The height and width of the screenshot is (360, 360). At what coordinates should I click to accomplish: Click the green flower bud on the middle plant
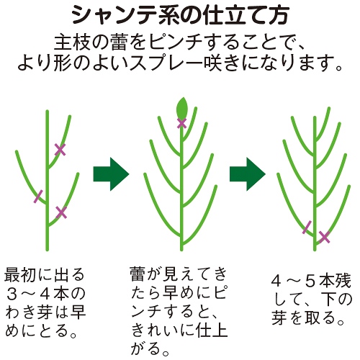(181, 108)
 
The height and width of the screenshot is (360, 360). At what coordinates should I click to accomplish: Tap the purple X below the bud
(181, 123)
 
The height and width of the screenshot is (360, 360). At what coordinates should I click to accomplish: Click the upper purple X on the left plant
(60, 150)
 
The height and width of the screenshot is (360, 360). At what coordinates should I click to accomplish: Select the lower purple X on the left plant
(61, 212)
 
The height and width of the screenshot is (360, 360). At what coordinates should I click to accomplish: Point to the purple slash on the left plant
(38, 197)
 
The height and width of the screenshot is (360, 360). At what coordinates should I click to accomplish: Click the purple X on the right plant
(324, 237)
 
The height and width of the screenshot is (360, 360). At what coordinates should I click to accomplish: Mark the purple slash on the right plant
(307, 227)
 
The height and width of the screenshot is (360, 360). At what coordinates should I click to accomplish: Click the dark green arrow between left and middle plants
(111, 174)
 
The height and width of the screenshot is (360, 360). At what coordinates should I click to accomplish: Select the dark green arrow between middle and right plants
(248, 174)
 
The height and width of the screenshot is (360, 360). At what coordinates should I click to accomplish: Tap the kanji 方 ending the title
(279, 16)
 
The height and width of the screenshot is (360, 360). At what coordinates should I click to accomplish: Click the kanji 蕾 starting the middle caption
(138, 274)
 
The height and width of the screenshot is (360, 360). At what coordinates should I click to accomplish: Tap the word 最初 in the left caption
(20, 274)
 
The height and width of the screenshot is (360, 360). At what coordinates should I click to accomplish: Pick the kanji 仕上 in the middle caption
(211, 330)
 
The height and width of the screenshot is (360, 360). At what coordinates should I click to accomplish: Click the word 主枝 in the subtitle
(71, 42)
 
